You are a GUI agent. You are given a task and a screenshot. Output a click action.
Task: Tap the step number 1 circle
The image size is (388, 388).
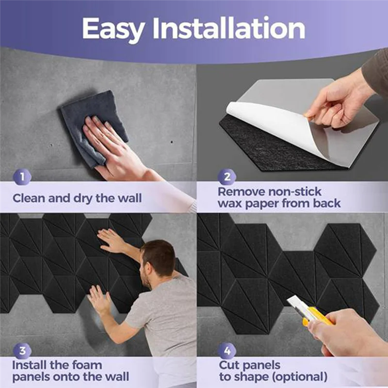[22, 177]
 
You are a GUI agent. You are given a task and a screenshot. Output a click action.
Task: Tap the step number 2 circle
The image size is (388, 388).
[226, 177]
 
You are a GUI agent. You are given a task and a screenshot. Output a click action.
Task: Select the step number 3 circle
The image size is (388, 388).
[22, 351]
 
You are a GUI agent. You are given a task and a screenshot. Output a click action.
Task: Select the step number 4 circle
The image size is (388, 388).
[226, 351]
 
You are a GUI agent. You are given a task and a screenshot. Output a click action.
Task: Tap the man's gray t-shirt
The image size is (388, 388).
[165, 310]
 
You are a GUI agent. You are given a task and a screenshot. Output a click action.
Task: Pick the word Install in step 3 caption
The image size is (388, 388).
[29, 365]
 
